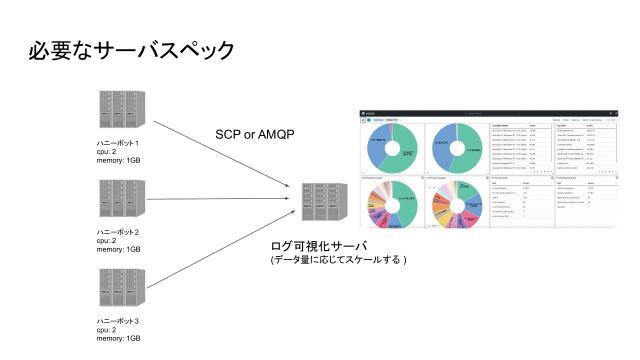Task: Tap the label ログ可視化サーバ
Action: click(x=320, y=245)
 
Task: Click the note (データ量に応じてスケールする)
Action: click(x=339, y=260)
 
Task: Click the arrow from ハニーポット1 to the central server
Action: click(x=220, y=150)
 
